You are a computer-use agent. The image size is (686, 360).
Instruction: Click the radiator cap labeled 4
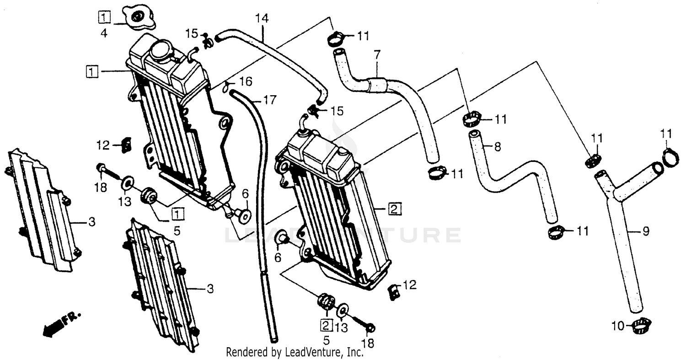(138, 19)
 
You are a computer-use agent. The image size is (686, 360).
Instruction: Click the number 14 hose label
(262, 19)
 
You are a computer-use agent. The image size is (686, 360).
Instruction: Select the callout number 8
(498, 147)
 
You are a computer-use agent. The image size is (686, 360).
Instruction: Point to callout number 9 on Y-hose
(645, 231)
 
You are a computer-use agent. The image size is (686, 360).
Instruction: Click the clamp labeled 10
(641, 326)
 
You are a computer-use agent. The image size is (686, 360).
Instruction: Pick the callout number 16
(246, 82)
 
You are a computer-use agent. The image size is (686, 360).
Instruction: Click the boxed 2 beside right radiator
(394, 210)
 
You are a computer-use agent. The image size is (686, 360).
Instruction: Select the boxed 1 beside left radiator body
(92, 71)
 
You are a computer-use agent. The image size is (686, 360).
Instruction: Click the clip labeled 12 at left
(127, 145)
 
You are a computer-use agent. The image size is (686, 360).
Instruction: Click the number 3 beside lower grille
(209, 289)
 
